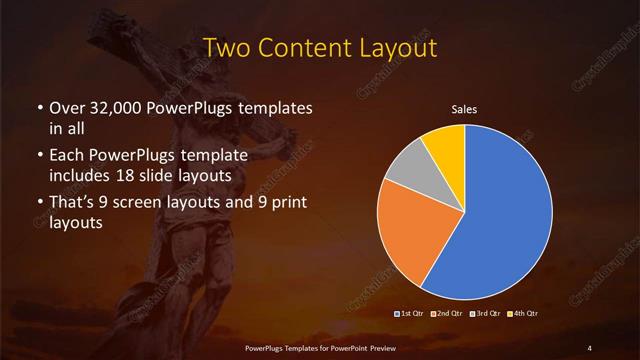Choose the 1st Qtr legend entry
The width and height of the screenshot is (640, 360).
(412, 314)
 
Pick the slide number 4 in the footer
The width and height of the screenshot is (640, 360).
(590, 348)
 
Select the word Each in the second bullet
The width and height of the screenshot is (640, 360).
(66, 156)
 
